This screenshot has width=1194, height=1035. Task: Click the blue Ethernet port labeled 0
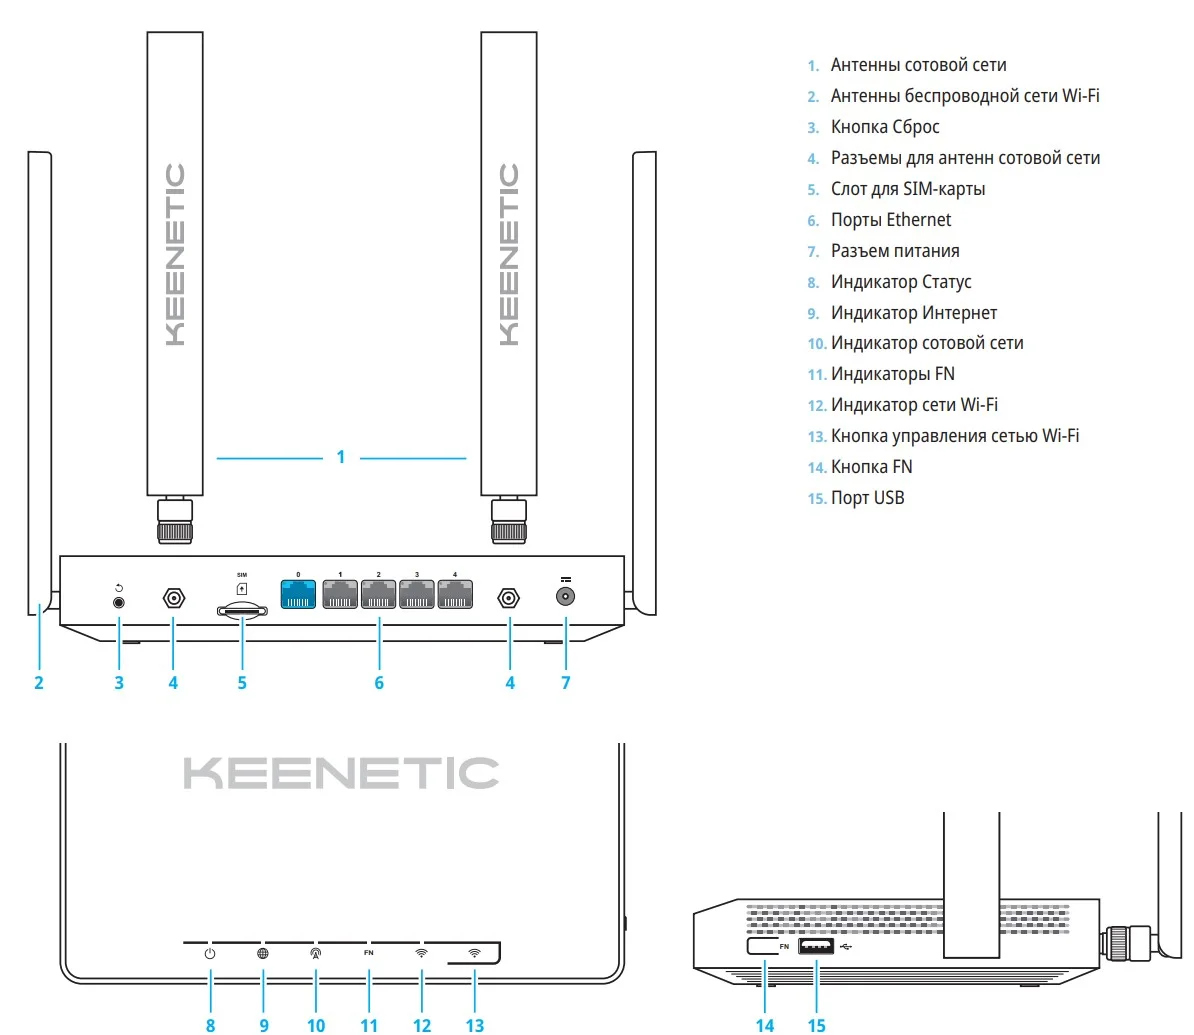point(298,594)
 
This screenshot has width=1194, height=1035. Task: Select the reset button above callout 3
point(119,602)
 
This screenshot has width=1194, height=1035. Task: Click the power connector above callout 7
point(566,597)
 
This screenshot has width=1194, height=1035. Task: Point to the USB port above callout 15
point(816,946)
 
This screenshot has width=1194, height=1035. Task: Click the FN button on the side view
point(764,946)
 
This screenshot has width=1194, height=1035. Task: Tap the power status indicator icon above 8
point(210,954)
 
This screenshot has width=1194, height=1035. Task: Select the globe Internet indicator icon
point(263,954)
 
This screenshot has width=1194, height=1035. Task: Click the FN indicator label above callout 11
point(369,953)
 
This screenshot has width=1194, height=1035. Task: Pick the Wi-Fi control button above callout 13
point(474,953)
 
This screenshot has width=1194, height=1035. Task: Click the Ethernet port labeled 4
point(455,594)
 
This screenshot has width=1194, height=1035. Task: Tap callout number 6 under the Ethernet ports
point(379,683)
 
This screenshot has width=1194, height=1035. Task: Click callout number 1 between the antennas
point(341,457)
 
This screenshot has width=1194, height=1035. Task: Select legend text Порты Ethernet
point(890,220)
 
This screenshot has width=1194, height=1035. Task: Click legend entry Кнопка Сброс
point(884,127)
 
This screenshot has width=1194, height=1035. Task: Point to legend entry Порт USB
point(867,498)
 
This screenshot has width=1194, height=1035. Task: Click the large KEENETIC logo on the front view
point(341,773)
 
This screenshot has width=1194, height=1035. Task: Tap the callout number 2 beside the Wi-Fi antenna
point(39,683)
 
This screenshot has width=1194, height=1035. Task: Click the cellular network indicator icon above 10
point(316,954)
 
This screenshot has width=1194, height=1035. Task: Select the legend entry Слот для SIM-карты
point(907,189)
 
